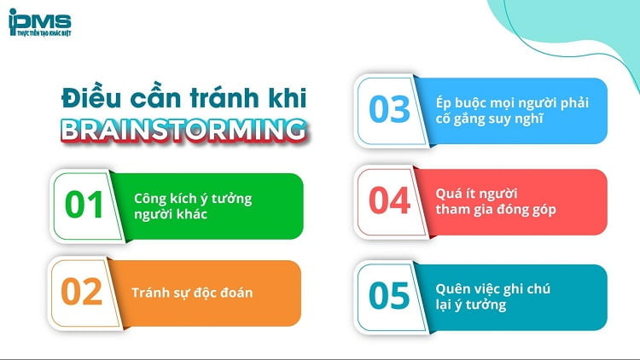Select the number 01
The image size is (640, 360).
pos(84,206)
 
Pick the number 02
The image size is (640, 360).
pos(82,293)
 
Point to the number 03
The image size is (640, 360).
pos(389,111)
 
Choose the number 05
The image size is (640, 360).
pos(389,296)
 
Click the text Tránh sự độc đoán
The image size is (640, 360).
pos(192,293)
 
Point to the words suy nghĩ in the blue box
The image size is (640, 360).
pos(513,119)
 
